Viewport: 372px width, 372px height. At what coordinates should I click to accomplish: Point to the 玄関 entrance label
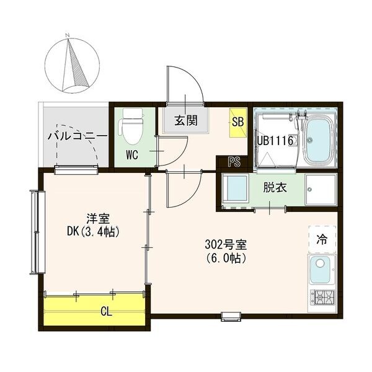185,120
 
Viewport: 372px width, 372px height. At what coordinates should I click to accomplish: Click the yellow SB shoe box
237,120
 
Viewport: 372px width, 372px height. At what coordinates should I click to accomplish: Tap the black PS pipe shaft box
234,163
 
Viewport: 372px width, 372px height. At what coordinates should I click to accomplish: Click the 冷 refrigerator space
322,238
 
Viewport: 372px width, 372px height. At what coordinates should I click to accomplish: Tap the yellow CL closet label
107,312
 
